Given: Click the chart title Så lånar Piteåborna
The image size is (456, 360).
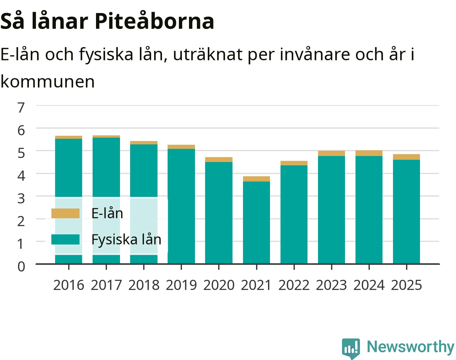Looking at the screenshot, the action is (x=107, y=21).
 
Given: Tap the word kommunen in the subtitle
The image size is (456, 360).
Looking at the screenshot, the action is (x=48, y=82).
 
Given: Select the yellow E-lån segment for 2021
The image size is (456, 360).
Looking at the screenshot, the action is (x=256, y=179).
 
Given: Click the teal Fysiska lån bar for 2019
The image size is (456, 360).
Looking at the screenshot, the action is (x=181, y=206).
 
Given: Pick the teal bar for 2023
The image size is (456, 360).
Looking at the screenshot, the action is (x=331, y=210).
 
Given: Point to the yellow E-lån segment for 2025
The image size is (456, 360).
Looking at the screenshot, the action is (x=406, y=157).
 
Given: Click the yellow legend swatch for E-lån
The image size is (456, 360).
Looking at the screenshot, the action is (x=66, y=213).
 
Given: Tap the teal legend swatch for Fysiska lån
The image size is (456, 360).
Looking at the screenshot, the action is (x=66, y=239).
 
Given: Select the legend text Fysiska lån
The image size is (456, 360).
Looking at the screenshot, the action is (x=126, y=240).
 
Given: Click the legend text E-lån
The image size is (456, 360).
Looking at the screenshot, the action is (x=107, y=213).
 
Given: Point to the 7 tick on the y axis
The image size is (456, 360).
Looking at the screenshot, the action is (x=21, y=107).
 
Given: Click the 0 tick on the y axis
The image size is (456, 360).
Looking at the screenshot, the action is (x=21, y=267).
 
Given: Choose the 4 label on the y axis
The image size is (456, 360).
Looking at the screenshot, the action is (x=21, y=175).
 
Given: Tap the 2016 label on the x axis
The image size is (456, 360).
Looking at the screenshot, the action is (x=69, y=285).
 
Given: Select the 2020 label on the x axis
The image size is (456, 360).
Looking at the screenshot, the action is (x=219, y=285).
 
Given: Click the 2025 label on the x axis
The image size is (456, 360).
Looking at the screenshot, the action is (x=406, y=285).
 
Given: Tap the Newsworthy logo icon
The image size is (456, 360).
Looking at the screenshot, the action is (x=351, y=348).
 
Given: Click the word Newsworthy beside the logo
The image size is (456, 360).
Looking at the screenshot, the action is (x=411, y=347).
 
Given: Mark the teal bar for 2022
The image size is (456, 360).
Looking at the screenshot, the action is (x=294, y=214).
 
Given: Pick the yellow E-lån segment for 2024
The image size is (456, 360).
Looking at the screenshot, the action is (x=369, y=153).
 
